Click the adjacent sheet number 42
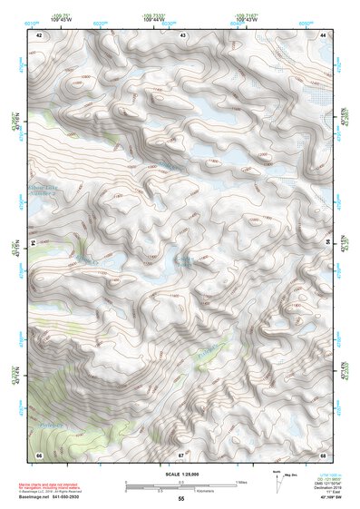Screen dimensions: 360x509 39,34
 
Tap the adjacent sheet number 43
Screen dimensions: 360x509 183,34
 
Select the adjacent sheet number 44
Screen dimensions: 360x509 323,34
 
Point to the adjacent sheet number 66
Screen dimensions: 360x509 39,454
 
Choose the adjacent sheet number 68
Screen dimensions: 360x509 323,454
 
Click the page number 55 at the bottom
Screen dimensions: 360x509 180,499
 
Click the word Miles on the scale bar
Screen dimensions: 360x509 241,481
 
